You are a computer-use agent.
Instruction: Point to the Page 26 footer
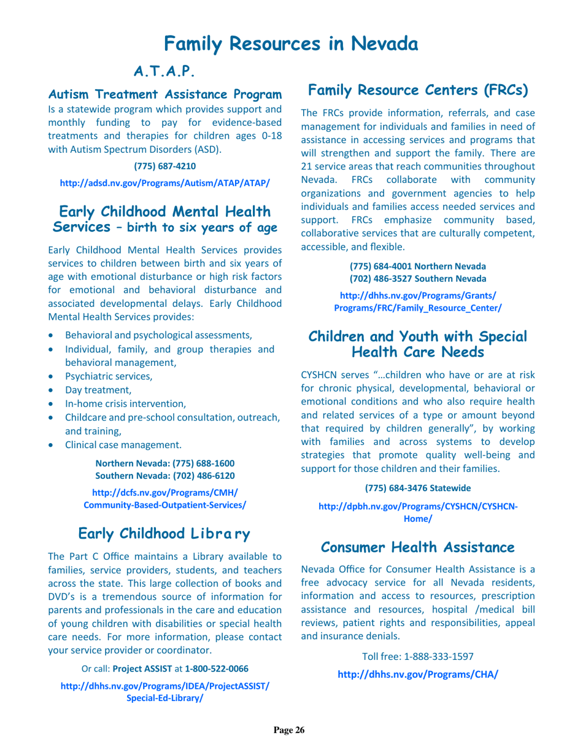288,730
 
